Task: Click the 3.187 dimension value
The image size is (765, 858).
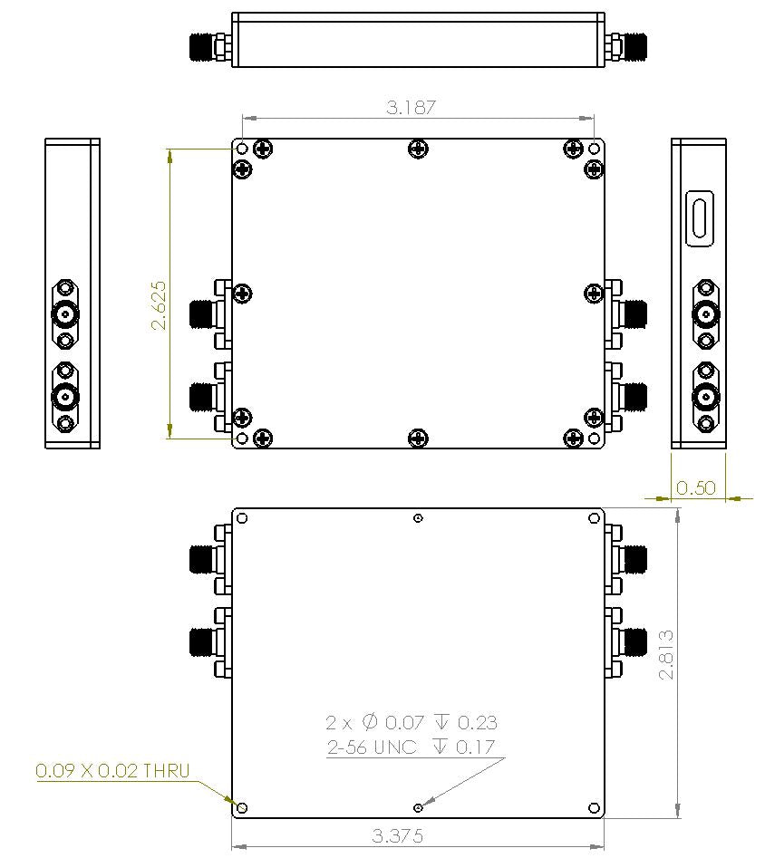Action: point(412,107)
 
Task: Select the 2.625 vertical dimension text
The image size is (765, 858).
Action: point(159,304)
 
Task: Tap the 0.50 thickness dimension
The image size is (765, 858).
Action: point(697,487)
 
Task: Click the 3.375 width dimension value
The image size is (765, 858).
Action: point(398,835)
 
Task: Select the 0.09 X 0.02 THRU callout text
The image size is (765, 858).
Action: point(112,771)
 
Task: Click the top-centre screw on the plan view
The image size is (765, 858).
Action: point(418,149)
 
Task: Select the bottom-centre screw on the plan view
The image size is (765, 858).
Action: point(418,439)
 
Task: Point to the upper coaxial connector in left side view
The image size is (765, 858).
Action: point(65,314)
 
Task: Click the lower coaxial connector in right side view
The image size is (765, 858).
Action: point(705,395)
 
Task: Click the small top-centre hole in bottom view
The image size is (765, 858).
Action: point(418,518)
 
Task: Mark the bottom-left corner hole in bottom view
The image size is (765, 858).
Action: point(242,806)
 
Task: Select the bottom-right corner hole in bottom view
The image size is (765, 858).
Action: point(594,806)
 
